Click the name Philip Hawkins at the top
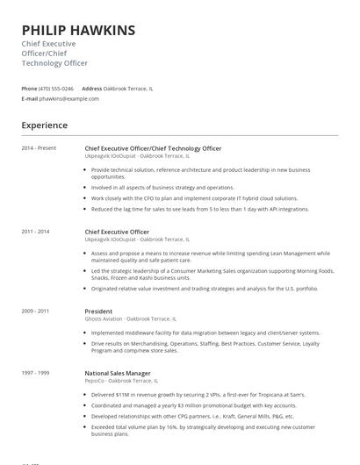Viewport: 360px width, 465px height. [78, 30]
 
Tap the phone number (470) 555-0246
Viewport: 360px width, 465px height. [56, 89]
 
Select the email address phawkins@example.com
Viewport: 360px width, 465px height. [69, 99]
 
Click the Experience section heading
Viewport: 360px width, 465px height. [44, 125]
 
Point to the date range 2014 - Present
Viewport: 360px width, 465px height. [39, 148]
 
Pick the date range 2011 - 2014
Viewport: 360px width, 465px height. [36, 231]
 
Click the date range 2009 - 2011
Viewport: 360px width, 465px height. [36, 311]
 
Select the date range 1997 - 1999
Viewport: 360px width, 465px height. [36, 373]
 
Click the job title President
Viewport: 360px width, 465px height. [98, 311]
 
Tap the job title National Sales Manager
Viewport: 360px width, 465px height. [118, 373]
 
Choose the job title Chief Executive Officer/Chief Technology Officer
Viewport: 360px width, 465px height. [153, 148]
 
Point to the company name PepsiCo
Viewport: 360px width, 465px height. [95, 381]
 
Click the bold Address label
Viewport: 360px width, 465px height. [91, 89]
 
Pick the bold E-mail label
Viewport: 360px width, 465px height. [30, 99]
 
